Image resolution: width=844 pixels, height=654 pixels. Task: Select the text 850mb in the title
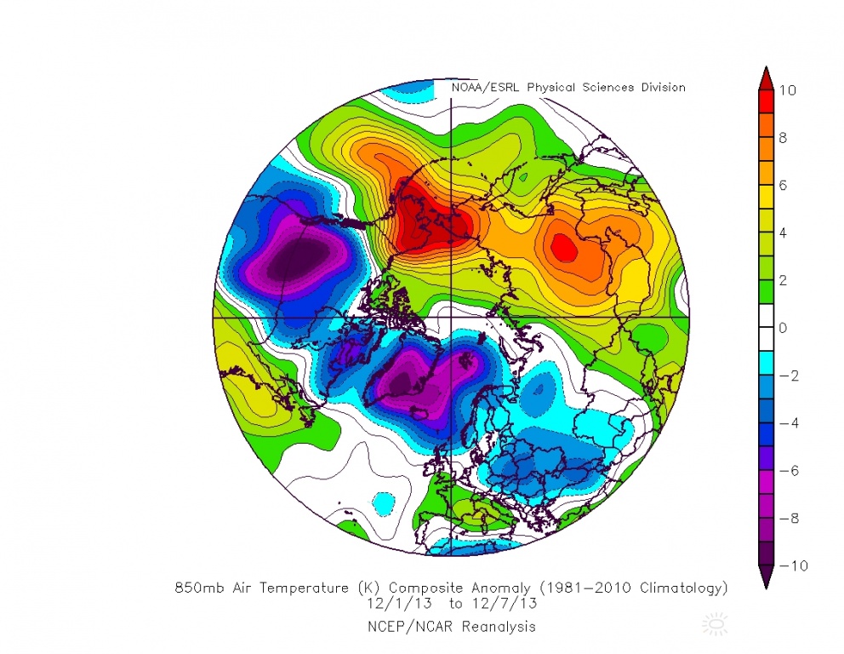tap(197, 588)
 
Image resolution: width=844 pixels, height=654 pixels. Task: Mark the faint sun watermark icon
tap(716, 626)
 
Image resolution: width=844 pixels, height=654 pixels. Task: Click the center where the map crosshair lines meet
tap(450, 317)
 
